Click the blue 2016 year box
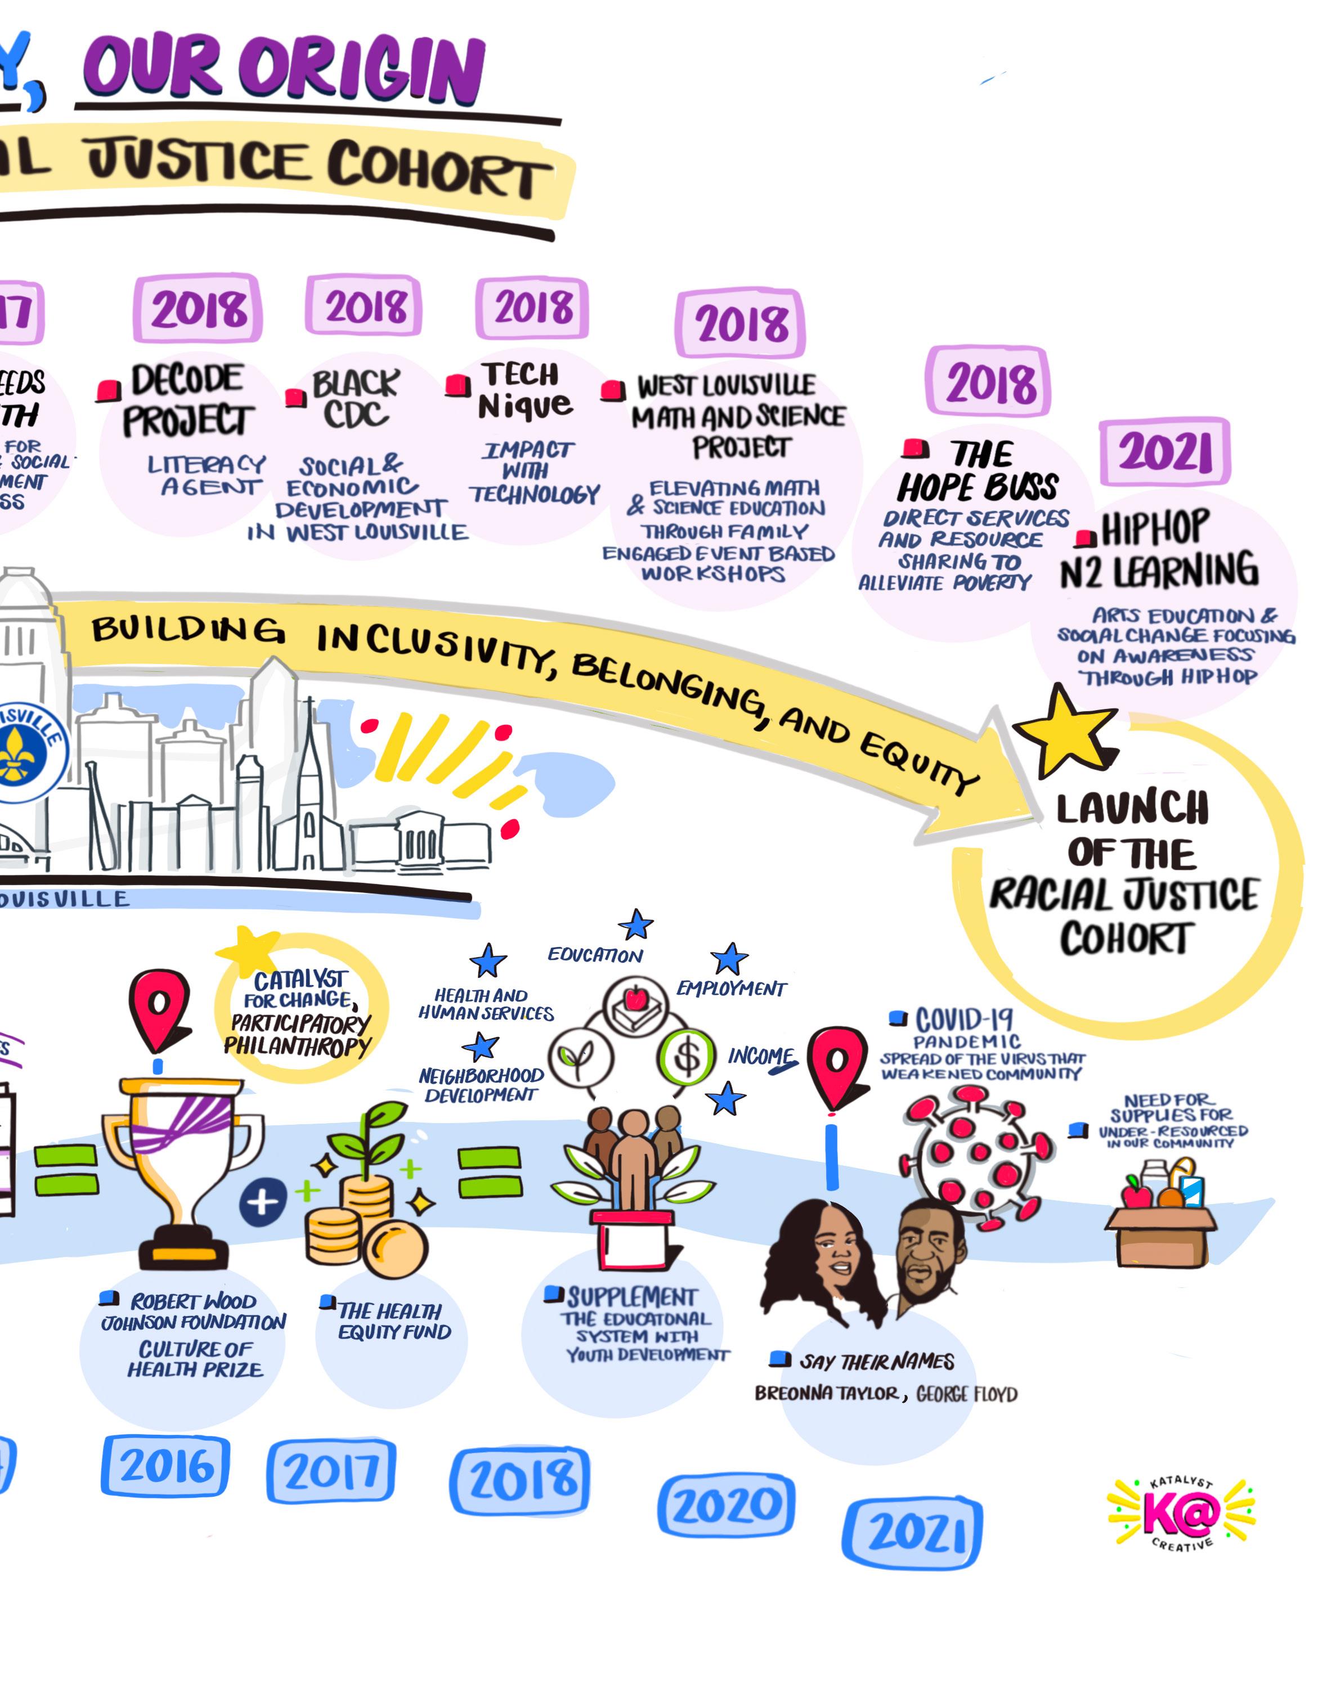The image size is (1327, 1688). (x=165, y=1467)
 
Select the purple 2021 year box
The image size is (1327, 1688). (x=1164, y=451)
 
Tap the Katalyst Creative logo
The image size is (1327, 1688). (x=1181, y=1512)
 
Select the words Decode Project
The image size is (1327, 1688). (x=187, y=400)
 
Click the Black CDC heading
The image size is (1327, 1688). (x=356, y=398)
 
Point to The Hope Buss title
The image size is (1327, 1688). (x=979, y=472)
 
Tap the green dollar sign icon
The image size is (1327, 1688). (x=687, y=1056)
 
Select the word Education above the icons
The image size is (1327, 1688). (x=595, y=955)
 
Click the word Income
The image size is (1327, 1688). (x=761, y=1057)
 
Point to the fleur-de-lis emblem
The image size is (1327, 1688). (x=14, y=753)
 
